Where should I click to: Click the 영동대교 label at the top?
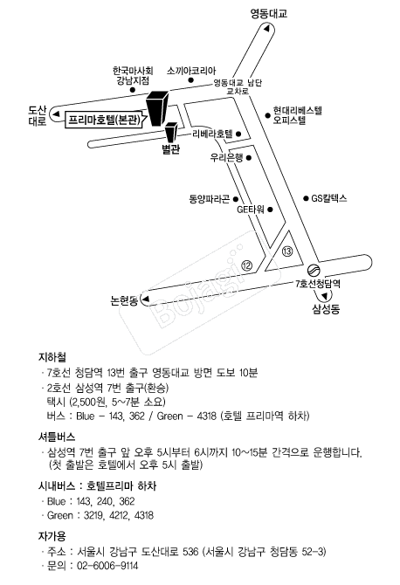(x=269, y=14)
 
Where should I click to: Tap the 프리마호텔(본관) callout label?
(x=105, y=120)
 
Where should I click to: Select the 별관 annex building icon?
(x=171, y=133)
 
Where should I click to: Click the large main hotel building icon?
(x=156, y=108)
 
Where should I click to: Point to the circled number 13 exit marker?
(x=287, y=251)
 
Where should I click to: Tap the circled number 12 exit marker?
(x=247, y=265)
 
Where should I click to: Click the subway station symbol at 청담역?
(x=313, y=270)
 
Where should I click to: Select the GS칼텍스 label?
(x=329, y=198)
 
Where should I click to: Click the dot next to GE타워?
(x=270, y=210)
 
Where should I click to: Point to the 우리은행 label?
(x=226, y=158)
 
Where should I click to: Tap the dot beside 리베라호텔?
(x=238, y=134)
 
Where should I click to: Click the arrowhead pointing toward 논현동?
(x=146, y=299)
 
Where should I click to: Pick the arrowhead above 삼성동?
(x=327, y=296)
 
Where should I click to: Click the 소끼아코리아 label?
(x=191, y=71)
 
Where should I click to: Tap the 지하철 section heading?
(x=52, y=357)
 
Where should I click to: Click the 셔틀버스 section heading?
(x=57, y=437)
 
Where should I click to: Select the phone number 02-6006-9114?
(x=107, y=566)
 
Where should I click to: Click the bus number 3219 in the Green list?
(x=94, y=515)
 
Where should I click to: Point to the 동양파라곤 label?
(x=210, y=199)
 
